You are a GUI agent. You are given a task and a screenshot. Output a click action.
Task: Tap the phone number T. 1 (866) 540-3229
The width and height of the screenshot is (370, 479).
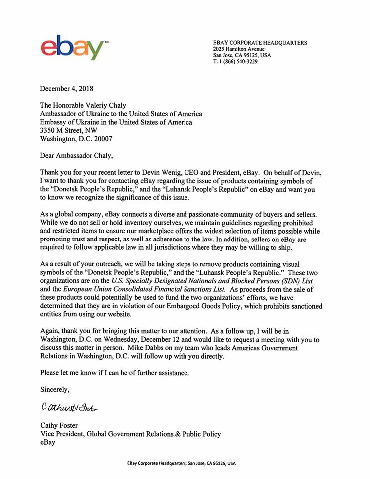pyautogui.click(x=235, y=62)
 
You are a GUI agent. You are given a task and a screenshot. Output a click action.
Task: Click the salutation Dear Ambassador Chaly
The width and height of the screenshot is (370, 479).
pyautogui.click(x=77, y=155)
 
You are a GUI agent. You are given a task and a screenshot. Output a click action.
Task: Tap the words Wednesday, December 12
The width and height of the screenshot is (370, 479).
pyautogui.click(x=161, y=340)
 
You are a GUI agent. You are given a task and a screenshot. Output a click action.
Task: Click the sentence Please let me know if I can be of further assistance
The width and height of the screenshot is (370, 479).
pyautogui.click(x=122, y=372)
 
